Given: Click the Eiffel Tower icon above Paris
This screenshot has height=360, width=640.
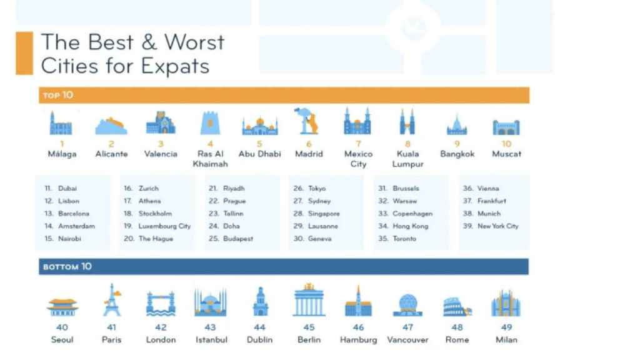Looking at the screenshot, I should (112, 301).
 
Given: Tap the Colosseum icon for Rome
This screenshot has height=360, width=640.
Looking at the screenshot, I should (457, 306).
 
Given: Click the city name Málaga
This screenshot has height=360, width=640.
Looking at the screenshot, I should (62, 154).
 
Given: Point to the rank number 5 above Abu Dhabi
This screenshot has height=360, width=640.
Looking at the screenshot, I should (259, 144).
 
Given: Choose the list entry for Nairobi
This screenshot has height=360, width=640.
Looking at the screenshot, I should (69, 239).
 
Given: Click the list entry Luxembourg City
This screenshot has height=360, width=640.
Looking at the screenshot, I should (164, 226).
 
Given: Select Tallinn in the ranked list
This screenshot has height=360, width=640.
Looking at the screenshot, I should (233, 214).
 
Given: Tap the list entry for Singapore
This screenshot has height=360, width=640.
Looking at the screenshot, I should (324, 214).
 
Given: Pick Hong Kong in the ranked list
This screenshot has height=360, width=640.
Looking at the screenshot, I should (410, 226).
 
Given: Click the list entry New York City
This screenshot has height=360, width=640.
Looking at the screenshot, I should (498, 226).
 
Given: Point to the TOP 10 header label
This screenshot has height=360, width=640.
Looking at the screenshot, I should (58, 95).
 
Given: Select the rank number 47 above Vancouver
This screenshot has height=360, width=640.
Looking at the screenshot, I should (407, 327).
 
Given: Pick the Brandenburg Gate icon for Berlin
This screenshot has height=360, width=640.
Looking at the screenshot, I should (309, 300).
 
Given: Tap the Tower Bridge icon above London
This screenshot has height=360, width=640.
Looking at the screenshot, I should (161, 304).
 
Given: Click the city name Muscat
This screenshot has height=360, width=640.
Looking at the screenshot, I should (507, 154).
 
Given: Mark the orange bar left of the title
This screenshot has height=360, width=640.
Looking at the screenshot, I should (24, 53).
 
